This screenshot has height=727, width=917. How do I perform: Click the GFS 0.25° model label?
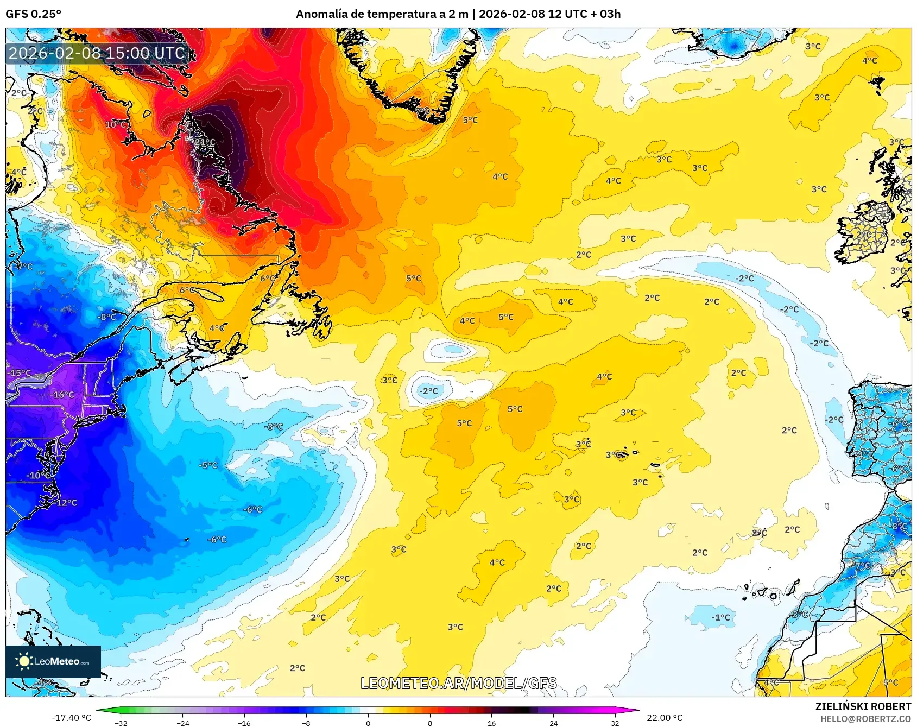point(33,14)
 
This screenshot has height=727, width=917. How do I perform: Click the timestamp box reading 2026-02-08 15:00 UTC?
point(97,53)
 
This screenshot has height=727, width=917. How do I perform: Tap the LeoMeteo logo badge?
point(53,661)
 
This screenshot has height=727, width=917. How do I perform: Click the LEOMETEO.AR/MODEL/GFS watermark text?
point(459,683)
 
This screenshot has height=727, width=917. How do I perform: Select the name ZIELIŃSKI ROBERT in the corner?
point(863,706)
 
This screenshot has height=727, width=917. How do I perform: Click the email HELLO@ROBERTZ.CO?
point(865,719)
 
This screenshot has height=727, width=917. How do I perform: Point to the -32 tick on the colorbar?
point(121,723)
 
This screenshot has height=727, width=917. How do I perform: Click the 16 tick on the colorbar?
point(491,723)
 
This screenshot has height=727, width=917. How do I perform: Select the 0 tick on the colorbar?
point(368,723)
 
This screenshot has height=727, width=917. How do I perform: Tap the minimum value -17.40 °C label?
point(71,718)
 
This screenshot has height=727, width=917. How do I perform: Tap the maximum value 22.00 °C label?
point(665,718)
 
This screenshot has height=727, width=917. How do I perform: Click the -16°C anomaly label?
point(62,395)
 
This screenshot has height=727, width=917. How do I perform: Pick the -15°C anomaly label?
point(20,373)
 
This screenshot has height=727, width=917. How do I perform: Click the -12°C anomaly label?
point(66,503)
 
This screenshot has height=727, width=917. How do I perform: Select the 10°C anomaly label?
point(116,124)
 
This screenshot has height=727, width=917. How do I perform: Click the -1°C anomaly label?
point(721,617)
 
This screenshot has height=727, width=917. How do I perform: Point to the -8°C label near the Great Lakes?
point(107,317)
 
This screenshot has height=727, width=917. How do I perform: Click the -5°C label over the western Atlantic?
point(208,465)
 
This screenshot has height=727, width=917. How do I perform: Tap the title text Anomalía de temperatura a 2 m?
point(382,14)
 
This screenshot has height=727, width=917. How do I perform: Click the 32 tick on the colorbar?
point(615,723)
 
